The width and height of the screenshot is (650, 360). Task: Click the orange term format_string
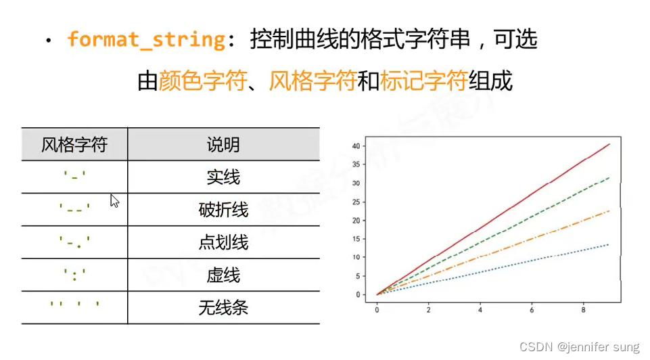(146, 39)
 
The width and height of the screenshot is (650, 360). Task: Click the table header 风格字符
(74, 145)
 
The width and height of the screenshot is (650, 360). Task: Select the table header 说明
(223, 145)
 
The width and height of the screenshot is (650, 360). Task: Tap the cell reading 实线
(223, 177)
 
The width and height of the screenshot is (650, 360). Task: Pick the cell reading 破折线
(223, 210)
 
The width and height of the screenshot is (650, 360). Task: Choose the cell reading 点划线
(223, 242)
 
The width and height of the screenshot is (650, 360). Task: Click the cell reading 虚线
(223, 275)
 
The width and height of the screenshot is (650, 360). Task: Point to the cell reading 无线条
(223, 308)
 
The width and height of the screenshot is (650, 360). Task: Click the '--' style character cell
(74, 210)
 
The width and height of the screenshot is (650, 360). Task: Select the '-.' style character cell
(74, 242)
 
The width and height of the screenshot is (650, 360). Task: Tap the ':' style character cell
(74, 275)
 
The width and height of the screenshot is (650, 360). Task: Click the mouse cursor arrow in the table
(114, 200)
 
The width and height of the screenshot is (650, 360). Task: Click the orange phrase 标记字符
(423, 82)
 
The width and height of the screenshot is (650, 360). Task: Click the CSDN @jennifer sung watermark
(578, 347)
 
